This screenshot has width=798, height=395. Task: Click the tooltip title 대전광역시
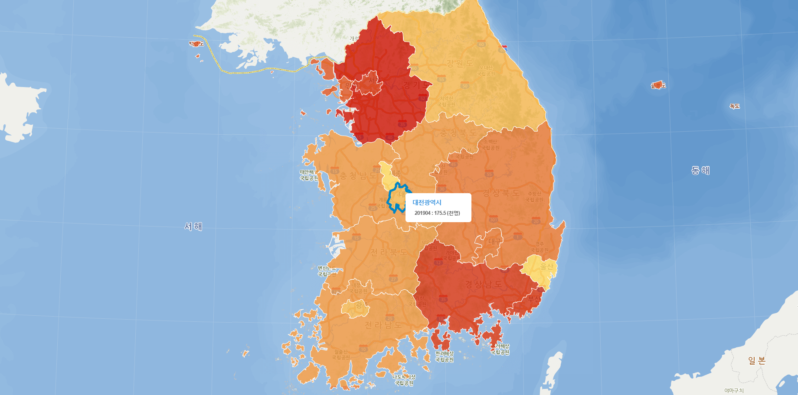pos(427,202)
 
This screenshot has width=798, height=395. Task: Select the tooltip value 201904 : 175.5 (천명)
pos(437,213)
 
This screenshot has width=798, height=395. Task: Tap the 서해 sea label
pos(193,227)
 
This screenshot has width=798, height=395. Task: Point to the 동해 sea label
pos(700,171)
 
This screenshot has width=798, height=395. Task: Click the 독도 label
pos(734,106)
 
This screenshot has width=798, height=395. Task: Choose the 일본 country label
pos(757,361)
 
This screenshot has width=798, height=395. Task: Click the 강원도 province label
pos(460,63)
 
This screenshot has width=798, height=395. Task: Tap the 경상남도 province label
pos(483,285)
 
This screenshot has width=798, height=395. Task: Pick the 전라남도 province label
pos(383,325)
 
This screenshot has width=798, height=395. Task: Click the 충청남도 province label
pos(358,176)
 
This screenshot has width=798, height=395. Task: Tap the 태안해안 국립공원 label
pos(309,175)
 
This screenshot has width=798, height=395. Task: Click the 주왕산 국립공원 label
pos(534,197)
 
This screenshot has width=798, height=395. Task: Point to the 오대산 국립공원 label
pos(486,71)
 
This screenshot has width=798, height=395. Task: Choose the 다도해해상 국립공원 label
pos(404,380)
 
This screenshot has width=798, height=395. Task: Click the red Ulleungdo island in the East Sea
pos(657,85)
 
